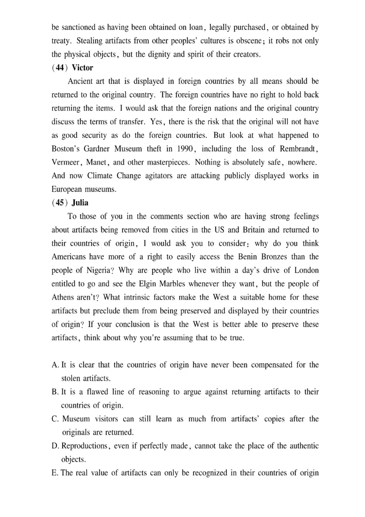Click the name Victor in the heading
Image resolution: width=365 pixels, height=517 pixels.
(83, 68)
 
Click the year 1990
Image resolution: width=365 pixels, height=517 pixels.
(194, 150)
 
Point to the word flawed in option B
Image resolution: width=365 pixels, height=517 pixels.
(97, 392)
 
